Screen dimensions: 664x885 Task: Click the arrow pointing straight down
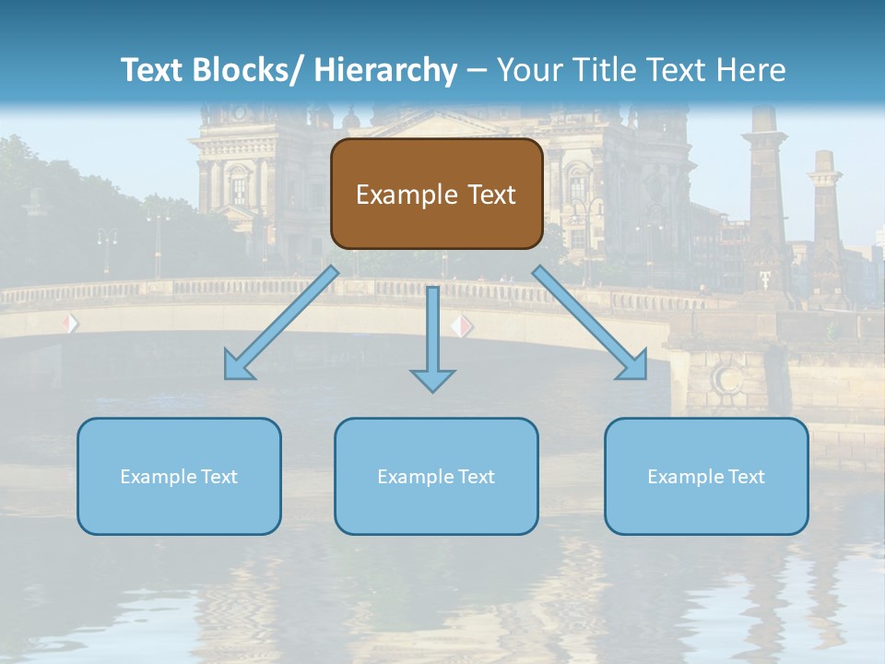[432, 332]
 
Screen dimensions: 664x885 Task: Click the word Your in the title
[527, 70]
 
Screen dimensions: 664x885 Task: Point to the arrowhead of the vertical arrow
[432, 378]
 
